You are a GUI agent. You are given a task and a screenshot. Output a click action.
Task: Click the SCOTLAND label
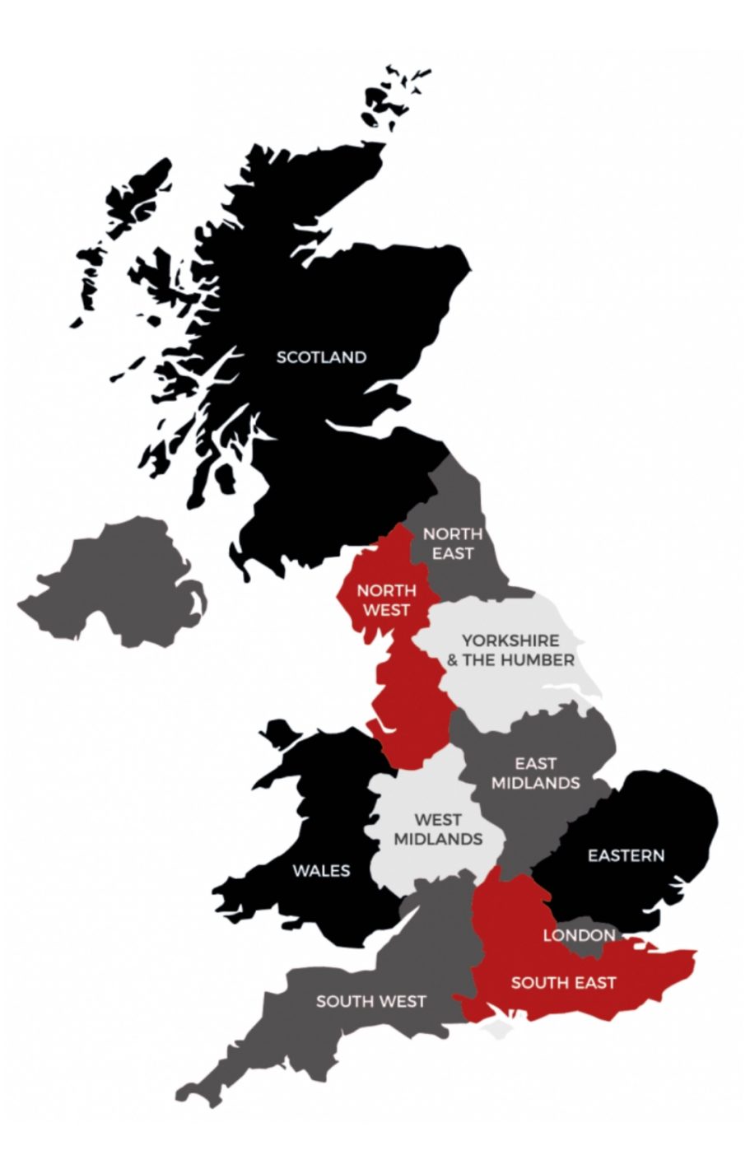point(321,357)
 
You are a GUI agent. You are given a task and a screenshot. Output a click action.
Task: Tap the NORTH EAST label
point(452,543)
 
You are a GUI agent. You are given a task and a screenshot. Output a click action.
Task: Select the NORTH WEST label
point(386,600)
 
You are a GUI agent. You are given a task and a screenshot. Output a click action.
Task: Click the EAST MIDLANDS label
point(535,773)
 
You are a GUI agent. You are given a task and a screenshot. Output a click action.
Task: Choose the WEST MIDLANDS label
point(438,829)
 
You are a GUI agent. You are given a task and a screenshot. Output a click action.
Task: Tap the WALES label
point(321,870)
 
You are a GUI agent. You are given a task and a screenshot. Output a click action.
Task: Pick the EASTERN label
point(626,855)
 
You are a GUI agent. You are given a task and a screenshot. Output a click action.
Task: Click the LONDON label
point(579,935)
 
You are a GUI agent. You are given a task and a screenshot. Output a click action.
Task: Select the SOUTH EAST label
point(563,982)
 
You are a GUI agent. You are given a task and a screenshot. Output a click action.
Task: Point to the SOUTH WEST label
point(371,1001)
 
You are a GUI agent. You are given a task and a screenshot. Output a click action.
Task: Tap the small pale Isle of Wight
point(495,1031)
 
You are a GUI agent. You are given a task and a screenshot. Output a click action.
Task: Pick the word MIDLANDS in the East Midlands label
point(535,782)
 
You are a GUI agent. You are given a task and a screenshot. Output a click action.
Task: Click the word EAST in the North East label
point(452,552)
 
